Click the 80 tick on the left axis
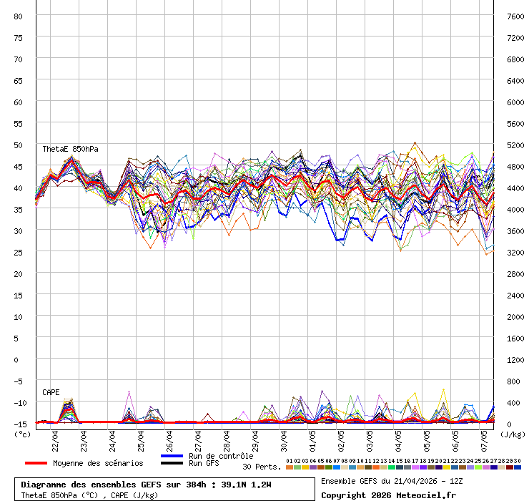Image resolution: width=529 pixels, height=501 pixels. pyautogui.click(x=19, y=16)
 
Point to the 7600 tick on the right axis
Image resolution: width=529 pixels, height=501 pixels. pyautogui.click(x=515, y=16)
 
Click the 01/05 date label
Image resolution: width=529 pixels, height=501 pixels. pyautogui.click(x=312, y=437)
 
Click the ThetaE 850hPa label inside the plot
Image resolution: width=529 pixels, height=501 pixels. pyautogui.click(x=70, y=149)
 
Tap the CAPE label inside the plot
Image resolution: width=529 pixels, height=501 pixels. pyautogui.click(x=51, y=392)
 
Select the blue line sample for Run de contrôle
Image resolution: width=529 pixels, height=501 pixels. pyautogui.click(x=172, y=456)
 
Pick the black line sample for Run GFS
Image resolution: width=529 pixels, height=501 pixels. pyautogui.click(x=172, y=463)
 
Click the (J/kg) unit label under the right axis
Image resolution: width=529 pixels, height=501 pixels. pyautogui.click(x=512, y=434)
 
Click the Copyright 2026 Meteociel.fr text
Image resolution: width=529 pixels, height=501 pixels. pyautogui.click(x=388, y=495)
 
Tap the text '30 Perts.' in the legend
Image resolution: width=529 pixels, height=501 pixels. pyautogui.click(x=262, y=467)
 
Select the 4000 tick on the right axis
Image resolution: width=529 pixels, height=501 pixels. pyautogui.click(x=515, y=209)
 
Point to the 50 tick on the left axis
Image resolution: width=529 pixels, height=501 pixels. pyautogui.click(x=19, y=145)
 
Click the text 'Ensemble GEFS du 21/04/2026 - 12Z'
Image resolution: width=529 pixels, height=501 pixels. pyautogui.click(x=392, y=481)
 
